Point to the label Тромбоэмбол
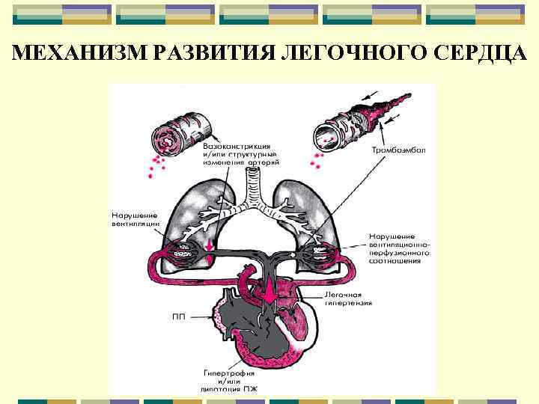(398, 150)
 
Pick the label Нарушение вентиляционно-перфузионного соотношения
(398, 246)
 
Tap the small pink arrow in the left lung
(210, 246)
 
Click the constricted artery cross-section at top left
(177, 134)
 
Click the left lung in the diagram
(187, 217)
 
